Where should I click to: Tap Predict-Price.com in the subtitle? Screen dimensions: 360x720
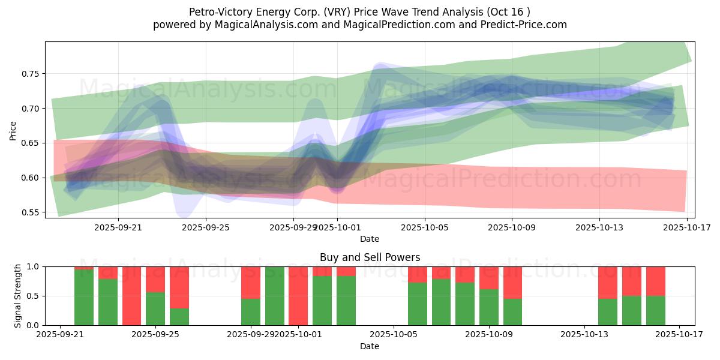(x=521, y=25)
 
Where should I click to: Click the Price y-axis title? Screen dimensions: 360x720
(x=13, y=130)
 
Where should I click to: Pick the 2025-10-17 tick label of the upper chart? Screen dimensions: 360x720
(x=687, y=228)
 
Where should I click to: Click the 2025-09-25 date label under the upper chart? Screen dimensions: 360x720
(x=206, y=228)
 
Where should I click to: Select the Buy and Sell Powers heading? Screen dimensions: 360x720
(x=370, y=257)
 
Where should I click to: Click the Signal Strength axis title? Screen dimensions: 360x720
(x=18, y=296)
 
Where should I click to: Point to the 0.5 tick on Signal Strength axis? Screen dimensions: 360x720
(x=34, y=296)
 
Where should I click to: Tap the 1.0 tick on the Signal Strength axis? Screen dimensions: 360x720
(x=34, y=266)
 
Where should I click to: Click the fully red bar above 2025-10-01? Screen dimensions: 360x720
(x=298, y=296)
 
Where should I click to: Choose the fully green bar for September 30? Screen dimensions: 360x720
(x=274, y=296)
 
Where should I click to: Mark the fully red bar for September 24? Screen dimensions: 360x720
(x=131, y=296)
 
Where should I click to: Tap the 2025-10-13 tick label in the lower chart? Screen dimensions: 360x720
(x=584, y=335)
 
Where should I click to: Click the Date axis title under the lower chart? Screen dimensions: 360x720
(x=370, y=346)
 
